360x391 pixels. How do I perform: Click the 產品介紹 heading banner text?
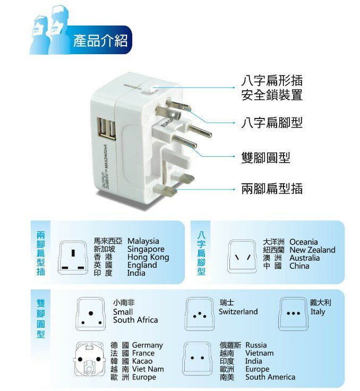tap(100, 41)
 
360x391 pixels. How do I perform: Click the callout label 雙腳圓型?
tap(265, 158)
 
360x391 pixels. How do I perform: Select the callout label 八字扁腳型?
tap(272, 123)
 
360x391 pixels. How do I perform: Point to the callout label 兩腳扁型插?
tap(272, 189)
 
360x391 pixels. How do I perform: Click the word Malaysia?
tap(143, 241)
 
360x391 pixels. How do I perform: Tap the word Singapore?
tap(146, 249)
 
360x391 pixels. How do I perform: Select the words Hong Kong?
tap(148, 257)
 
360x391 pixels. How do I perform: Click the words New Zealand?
tap(312, 250)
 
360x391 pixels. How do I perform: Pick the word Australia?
tap(304, 258)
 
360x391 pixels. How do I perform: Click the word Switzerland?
tap(238, 311)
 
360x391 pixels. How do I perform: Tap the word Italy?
tap(318, 312)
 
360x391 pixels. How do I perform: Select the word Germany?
tap(147, 345)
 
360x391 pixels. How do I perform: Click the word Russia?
tap(256, 345)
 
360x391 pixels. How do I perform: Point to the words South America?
tap(270, 377)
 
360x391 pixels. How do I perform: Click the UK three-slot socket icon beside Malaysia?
tap(73, 258)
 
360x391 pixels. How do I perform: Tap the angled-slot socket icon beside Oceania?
tap(242, 257)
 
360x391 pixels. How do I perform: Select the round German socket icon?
tap(89, 360)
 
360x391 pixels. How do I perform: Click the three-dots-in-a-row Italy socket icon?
tap(293, 313)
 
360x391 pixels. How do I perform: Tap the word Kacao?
tap(142, 361)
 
